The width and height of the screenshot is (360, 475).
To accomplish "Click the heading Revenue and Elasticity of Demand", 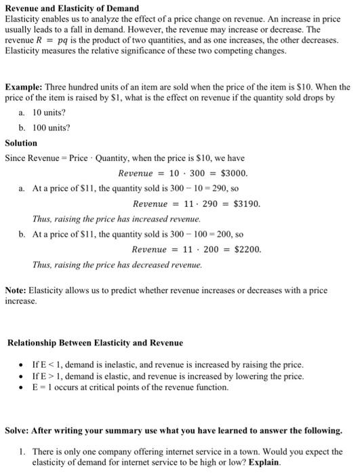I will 72,8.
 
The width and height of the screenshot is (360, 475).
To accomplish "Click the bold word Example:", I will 24,88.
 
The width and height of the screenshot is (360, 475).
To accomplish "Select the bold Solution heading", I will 21,143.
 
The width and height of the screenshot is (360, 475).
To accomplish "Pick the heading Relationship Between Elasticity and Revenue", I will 96,343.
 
